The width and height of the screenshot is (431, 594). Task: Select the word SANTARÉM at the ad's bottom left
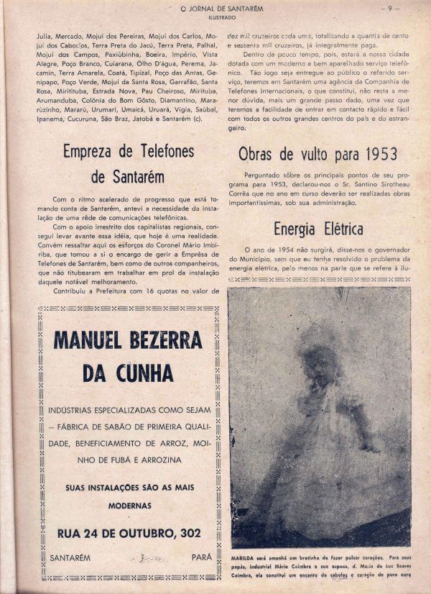(x=69, y=557)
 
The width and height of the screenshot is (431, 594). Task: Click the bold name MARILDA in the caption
(x=244, y=557)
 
